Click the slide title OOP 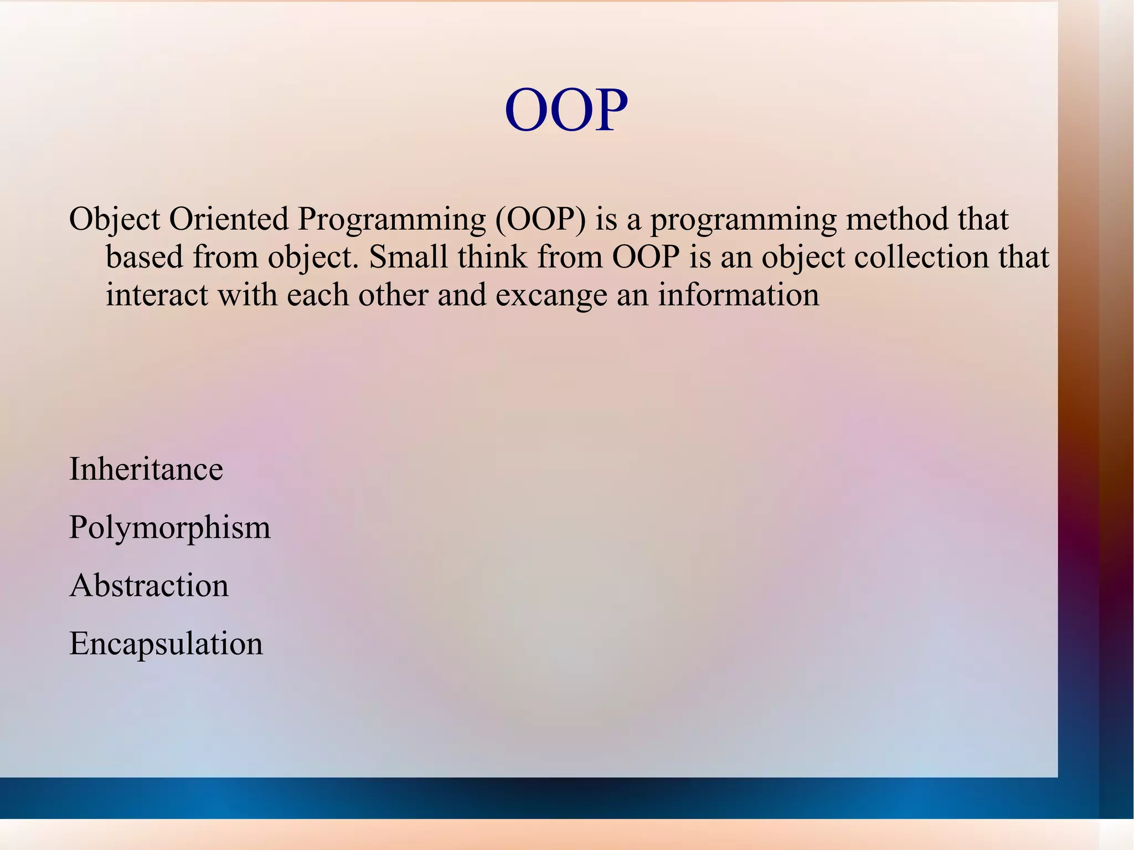click(566, 111)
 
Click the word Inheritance click(146, 470)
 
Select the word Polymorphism click(169, 527)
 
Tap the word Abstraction click(148, 586)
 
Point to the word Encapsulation click(166, 644)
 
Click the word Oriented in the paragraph click(229, 219)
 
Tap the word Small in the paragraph click(408, 257)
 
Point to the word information click(738, 295)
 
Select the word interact click(157, 295)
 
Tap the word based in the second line click(144, 257)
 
